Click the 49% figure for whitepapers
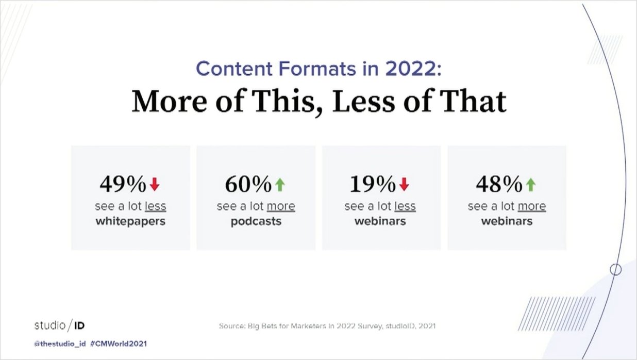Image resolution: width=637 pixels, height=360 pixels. (123, 184)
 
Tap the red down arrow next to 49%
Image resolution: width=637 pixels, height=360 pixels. (155, 184)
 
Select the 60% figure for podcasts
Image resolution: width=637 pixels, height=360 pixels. (248, 184)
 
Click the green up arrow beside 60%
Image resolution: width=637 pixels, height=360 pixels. (280, 184)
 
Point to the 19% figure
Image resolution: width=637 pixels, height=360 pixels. (373, 184)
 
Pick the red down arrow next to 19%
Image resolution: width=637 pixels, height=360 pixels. (404, 184)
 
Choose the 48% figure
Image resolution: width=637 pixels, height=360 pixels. (499, 184)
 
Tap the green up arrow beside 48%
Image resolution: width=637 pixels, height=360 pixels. (531, 184)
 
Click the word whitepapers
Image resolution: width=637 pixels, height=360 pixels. (130, 222)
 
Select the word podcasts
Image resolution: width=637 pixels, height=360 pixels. (256, 222)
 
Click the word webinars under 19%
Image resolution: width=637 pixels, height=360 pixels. (380, 222)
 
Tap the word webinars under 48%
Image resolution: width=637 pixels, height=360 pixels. (507, 222)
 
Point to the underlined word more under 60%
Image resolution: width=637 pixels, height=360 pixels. (281, 206)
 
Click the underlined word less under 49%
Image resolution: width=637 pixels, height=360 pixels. (156, 206)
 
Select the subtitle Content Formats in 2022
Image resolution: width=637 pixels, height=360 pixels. (319, 69)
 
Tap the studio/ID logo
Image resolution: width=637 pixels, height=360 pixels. (59, 325)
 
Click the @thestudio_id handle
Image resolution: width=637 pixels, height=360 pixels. (59, 343)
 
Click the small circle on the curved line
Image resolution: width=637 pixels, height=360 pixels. (615, 269)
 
